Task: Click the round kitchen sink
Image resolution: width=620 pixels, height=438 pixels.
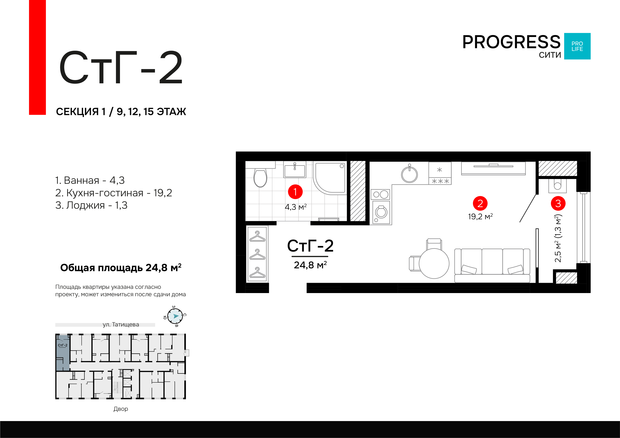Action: click(409, 174)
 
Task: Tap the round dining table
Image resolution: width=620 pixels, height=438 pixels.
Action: click(434, 263)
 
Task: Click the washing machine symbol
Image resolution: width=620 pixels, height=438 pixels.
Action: click(381, 212)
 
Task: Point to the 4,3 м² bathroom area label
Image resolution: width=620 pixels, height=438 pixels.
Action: click(296, 207)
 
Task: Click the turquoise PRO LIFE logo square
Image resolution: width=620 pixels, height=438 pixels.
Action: click(577, 46)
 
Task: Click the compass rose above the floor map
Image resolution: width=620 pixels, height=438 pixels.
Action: click(175, 316)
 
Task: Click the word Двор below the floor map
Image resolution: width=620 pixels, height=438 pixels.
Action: click(121, 409)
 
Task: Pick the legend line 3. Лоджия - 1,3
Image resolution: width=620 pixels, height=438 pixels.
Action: click(91, 205)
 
